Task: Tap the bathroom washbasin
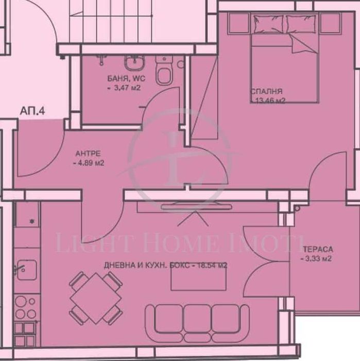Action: (x=135, y=64)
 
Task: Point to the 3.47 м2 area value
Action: (x=125, y=88)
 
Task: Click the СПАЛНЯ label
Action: (x=266, y=91)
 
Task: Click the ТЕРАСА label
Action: (x=314, y=249)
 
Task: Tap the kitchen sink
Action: (x=24, y=268)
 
